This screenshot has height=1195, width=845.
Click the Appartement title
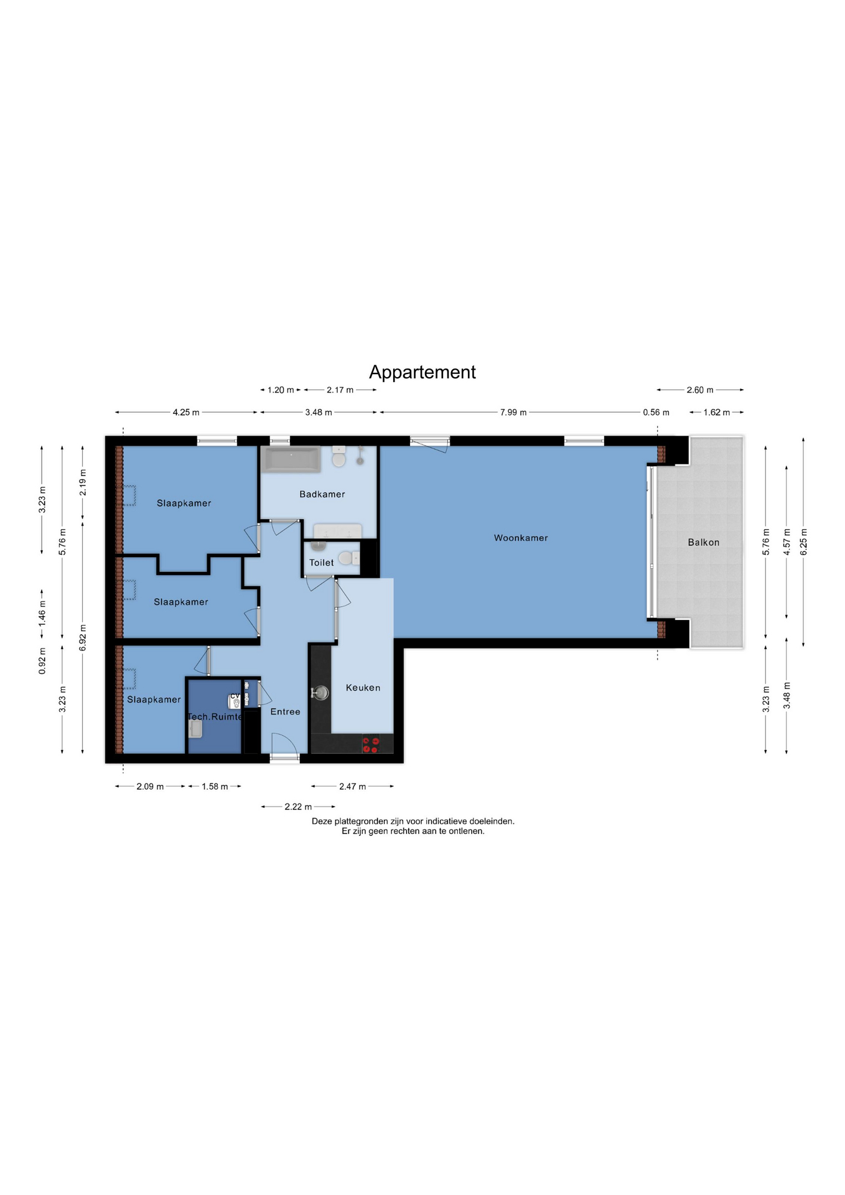422,372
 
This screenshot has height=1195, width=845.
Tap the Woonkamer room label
521,538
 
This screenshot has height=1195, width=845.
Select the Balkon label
704,542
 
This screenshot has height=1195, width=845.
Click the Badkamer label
322,494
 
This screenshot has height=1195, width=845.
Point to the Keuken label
363,688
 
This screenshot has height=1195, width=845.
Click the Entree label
285,711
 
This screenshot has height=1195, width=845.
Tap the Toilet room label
322,563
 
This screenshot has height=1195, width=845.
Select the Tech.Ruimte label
215,716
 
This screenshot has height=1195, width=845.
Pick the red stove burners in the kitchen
371,744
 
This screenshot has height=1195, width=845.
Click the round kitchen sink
320,693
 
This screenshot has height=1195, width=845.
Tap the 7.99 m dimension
513,412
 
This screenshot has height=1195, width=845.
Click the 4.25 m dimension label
186,412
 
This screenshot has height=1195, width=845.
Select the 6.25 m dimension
803,542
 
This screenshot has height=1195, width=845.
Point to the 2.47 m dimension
352,786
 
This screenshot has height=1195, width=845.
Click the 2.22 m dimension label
298,807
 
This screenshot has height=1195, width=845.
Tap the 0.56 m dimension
656,412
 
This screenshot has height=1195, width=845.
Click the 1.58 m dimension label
215,787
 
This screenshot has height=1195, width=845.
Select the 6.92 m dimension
83,638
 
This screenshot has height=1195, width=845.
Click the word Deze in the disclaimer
322,822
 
